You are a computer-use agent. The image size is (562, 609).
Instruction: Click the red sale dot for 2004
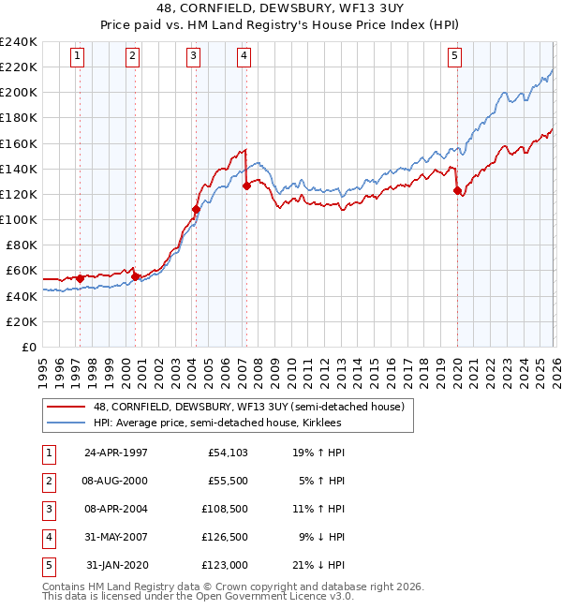tap(196, 209)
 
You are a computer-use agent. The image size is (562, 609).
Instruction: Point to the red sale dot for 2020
tap(458, 191)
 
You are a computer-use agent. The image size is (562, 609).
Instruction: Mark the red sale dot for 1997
tap(81, 278)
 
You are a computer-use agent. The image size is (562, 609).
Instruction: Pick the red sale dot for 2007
tap(247, 186)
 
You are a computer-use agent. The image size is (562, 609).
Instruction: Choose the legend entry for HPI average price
tap(217, 423)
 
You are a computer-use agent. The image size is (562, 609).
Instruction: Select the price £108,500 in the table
tap(225, 509)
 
